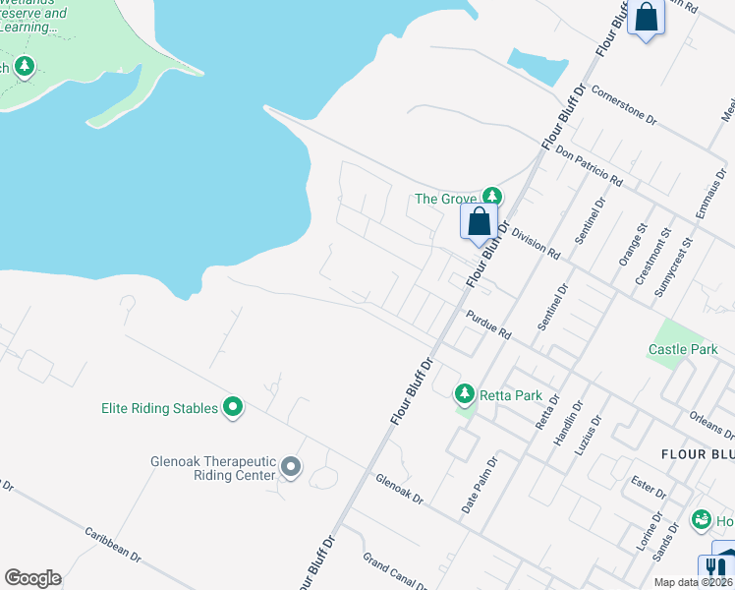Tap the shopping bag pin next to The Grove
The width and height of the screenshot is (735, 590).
coord(479,221)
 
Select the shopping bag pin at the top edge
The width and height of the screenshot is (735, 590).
coord(647,19)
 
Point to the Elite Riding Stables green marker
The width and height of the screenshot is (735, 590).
coord(233,406)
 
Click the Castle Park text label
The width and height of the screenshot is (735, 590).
coord(680,349)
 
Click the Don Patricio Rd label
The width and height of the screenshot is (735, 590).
coord(589,167)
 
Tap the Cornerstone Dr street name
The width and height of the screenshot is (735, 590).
coord(624,108)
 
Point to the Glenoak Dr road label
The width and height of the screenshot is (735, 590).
coord(399,488)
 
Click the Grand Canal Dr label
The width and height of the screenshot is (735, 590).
coord(394,571)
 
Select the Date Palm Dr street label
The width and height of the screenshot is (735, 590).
coord(481,485)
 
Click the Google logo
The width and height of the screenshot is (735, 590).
coord(32,578)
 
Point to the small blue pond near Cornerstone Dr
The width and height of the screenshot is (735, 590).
coord(537,65)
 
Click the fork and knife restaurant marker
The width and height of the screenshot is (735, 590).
coord(715,569)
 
